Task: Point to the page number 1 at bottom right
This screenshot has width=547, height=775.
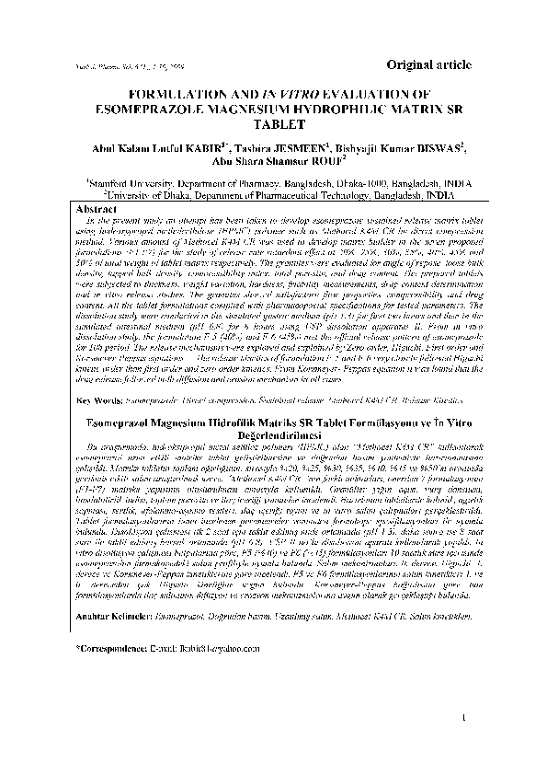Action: click(x=466, y=744)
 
